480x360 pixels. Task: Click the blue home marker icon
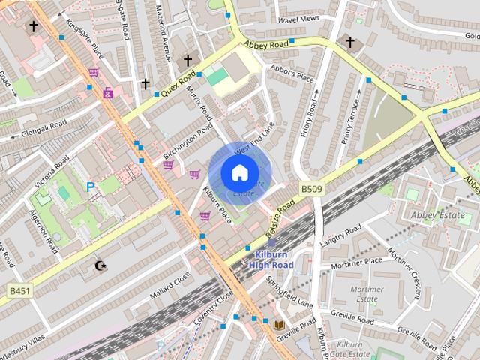239,173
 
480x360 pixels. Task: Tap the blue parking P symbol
91,187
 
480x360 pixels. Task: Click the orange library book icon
279,324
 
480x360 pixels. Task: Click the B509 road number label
312,189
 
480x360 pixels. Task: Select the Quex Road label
178,84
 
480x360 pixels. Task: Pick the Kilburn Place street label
218,203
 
